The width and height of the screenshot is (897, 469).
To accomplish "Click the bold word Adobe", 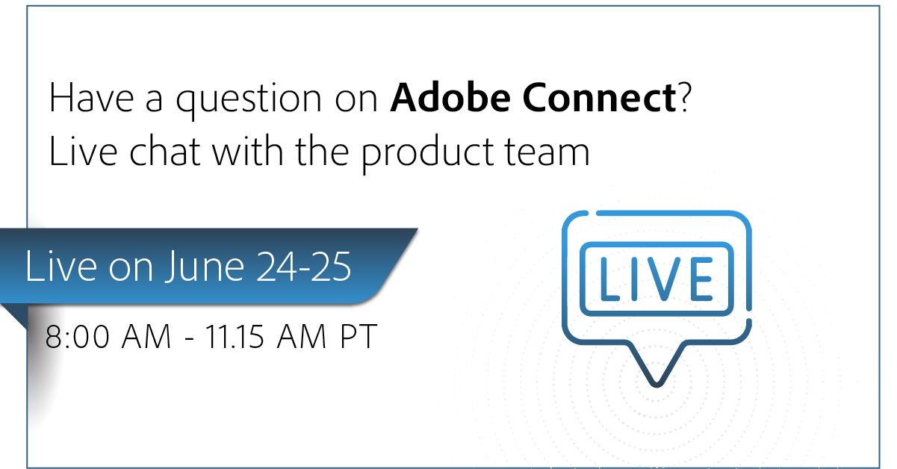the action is [x=450, y=97].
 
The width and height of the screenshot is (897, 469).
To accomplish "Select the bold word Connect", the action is [x=600, y=97].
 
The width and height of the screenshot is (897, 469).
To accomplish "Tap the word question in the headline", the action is [x=249, y=101].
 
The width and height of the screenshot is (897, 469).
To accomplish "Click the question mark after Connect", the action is [x=685, y=96].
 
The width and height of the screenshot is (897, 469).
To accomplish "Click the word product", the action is [x=427, y=154].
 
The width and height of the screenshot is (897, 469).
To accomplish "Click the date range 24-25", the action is [x=304, y=266].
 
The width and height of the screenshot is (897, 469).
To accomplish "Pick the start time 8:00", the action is [x=77, y=336].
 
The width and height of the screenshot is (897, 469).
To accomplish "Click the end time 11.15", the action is [x=235, y=336].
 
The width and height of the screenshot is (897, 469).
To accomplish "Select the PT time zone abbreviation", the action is [x=359, y=336].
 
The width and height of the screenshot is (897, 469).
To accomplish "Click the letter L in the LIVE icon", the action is [x=609, y=279].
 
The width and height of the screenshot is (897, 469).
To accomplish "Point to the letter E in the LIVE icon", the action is [x=702, y=279].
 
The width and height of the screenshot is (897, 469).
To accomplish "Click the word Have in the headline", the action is [x=91, y=97].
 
